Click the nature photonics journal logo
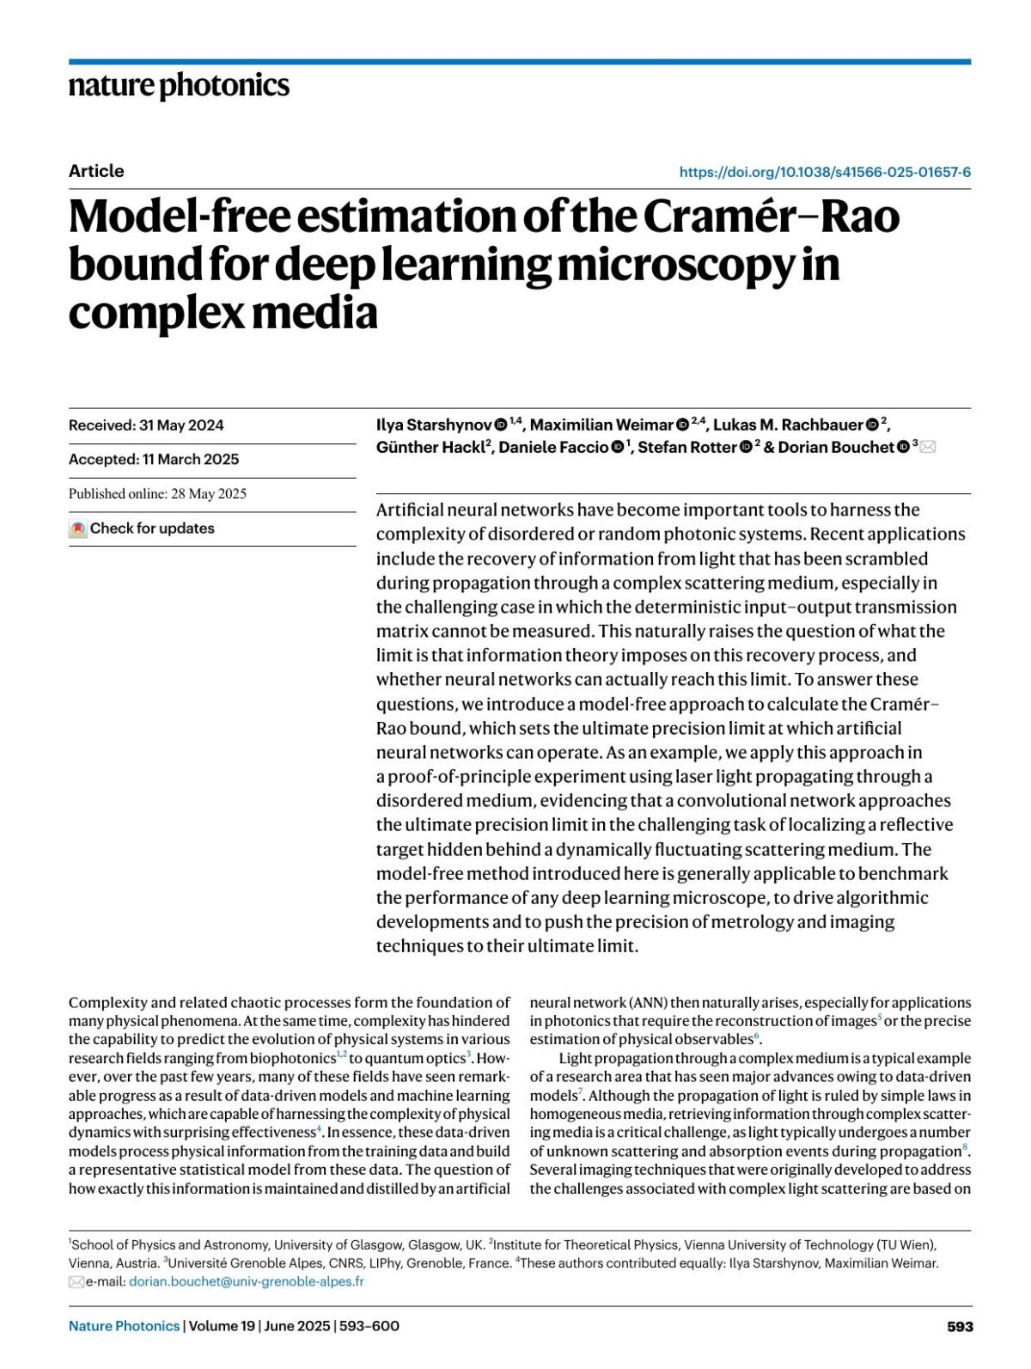click(x=179, y=86)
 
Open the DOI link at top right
click(x=824, y=172)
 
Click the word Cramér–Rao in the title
click(x=771, y=216)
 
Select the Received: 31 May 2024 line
click(x=146, y=425)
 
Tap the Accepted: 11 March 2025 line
click(x=154, y=459)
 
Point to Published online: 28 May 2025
click(x=157, y=493)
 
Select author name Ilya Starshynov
click(x=433, y=425)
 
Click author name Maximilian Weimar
click(x=601, y=425)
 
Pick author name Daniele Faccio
click(x=553, y=447)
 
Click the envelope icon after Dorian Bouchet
click(x=928, y=447)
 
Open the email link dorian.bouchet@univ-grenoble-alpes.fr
click(x=247, y=1281)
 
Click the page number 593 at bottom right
click(x=960, y=1326)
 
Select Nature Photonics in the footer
click(x=124, y=1326)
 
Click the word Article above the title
click(x=96, y=171)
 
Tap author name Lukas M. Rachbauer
click(x=788, y=425)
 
